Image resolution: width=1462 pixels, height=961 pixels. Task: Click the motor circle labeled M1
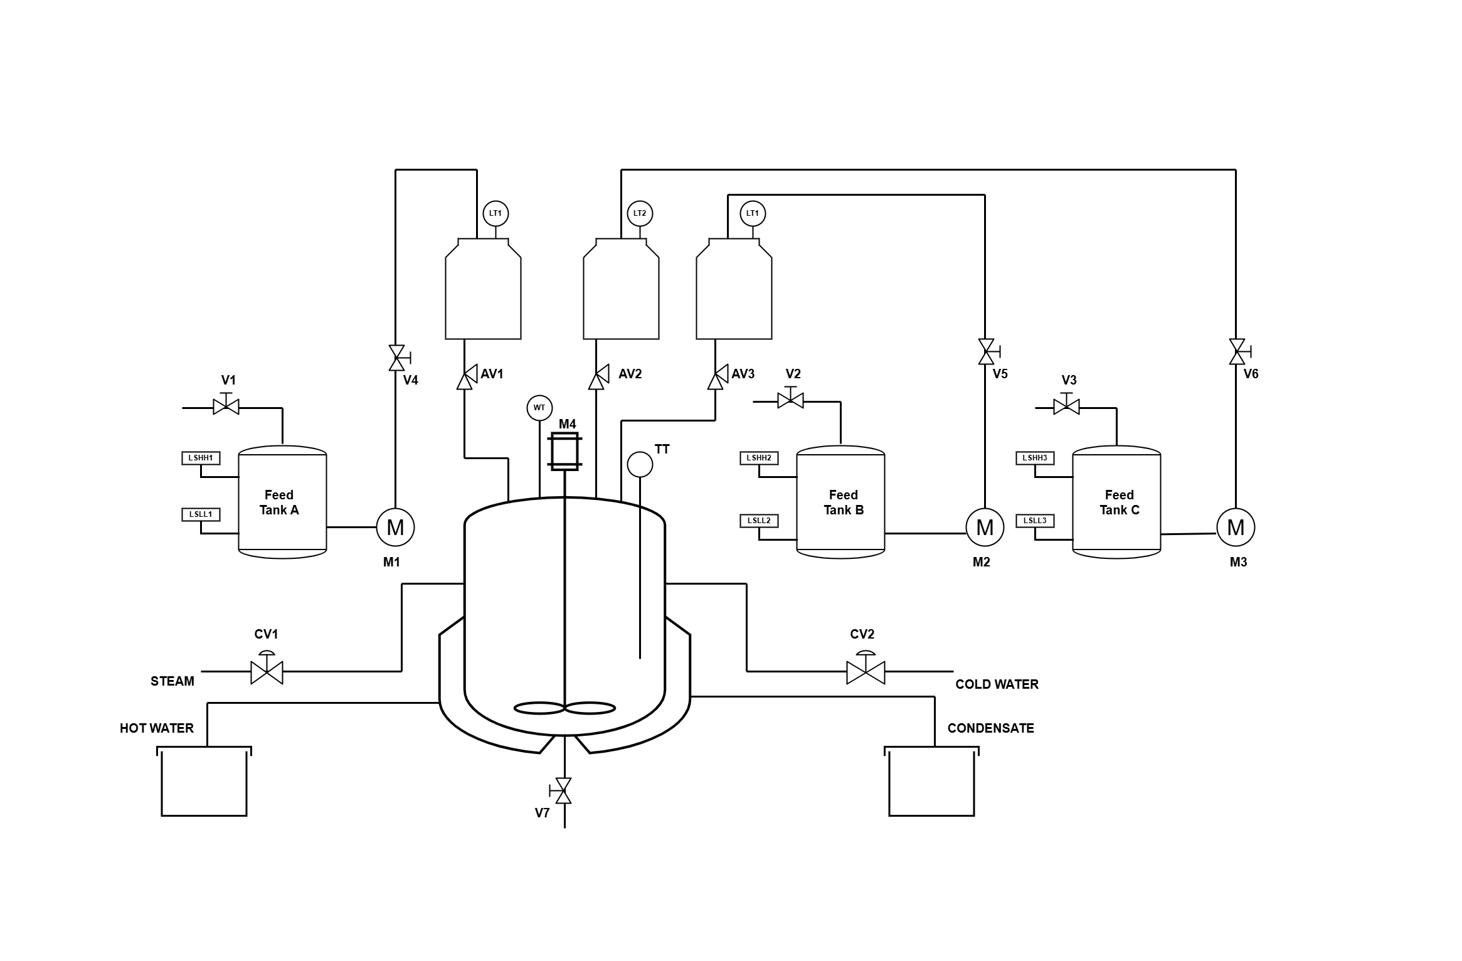coord(395,527)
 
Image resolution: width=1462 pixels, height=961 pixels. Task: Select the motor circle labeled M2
coord(985,527)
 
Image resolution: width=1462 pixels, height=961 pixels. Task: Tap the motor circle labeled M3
coord(1236,527)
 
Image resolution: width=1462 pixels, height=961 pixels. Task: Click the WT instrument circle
coord(539,408)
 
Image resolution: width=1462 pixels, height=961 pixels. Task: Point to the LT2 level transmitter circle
coord(640,213)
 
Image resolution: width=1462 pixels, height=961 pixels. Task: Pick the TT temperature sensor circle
coord(640,464)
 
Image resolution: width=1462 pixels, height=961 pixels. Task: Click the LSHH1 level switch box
coord(201,458)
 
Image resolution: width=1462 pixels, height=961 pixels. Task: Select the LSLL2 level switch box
coord(759,521)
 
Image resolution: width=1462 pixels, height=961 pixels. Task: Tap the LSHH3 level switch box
coord(1035,458)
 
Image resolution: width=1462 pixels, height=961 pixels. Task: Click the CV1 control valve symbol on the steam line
coord(267,671)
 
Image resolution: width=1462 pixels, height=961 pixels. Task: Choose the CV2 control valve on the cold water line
coord(866,671)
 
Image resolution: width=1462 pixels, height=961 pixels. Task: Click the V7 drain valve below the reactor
coord(564,790)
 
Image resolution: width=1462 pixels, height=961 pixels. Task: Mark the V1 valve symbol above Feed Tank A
coord(226,406)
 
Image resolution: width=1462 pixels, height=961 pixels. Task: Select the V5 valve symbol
coord(986,351)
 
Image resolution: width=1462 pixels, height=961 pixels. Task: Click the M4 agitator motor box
coord(564,451)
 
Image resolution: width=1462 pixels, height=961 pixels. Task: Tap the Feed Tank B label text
coord(843,502)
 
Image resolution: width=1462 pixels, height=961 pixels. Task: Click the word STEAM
coord(172,681)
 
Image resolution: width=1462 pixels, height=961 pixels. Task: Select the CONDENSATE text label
coord(990,728)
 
